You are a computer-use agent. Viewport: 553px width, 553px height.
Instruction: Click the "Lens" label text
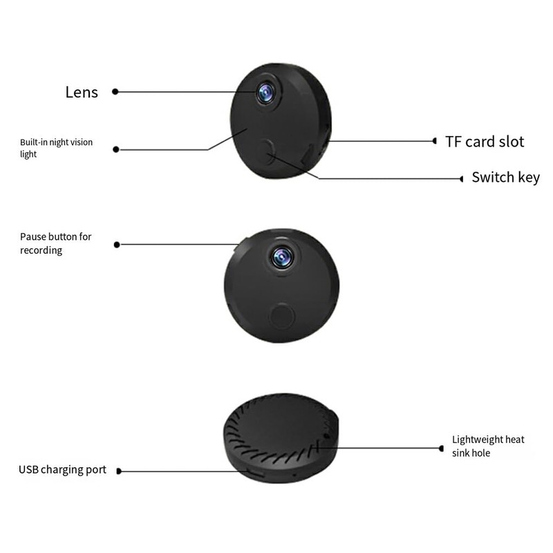point(82,92)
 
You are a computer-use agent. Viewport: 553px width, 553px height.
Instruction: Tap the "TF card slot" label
point(484,142)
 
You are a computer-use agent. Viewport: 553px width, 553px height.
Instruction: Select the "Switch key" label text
point(505,178)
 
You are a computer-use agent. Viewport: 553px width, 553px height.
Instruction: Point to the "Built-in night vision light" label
point(56,148)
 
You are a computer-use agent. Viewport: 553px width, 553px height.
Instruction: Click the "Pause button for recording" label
point(55,243)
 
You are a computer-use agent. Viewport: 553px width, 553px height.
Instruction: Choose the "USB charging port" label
point(62,470)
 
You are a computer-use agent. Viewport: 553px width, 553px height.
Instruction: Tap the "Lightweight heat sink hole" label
point(488,446)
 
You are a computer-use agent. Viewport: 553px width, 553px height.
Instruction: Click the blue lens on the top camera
point(265,92)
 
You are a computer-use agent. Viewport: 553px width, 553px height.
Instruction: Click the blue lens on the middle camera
point(281,257)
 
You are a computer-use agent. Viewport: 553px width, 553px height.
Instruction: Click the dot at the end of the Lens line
point(115,91)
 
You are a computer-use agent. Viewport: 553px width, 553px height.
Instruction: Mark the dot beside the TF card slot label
point(434,141)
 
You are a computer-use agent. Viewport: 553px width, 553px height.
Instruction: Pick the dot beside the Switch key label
point(461,178)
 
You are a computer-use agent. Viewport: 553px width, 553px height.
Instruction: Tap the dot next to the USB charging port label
point(119,471)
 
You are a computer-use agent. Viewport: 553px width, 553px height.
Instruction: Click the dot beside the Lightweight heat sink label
point(441,448)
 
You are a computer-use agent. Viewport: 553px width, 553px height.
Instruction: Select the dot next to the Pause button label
point(116,244)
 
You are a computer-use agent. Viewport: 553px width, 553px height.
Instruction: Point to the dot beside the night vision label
point(115,149)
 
